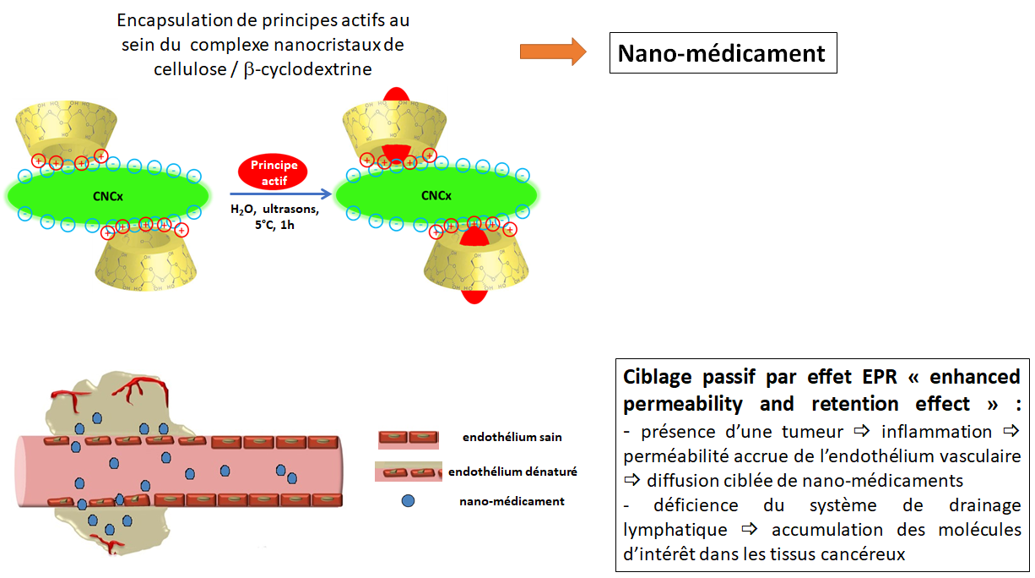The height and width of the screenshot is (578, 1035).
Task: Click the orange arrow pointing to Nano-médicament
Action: pos(552,52)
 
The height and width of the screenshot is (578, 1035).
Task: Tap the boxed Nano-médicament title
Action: pos(722,53)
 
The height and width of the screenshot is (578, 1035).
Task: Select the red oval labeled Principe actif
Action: pos(274,172)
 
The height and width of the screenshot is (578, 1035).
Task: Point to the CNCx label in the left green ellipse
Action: pos(107,196)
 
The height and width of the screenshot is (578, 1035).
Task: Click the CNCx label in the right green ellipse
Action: pos(436,196)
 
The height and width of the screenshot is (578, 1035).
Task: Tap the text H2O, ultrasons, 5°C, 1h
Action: pos(274,217)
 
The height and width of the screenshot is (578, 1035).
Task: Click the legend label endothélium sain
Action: pos(512,437)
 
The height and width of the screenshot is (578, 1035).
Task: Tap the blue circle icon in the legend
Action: pos(409,501)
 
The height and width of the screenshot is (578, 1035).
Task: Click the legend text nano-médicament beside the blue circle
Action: pos(512,501)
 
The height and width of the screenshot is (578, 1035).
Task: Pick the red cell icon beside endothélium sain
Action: pos(409,438)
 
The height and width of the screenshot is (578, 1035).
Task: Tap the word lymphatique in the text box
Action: pos(675,530)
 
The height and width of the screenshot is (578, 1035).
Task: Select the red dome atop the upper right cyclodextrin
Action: pos(394,93)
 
